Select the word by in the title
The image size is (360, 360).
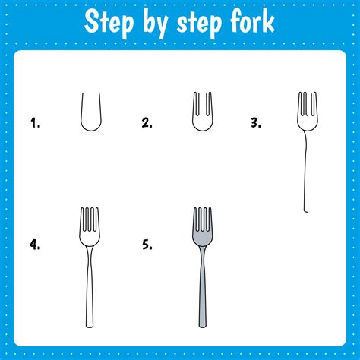pyautogui.click(x=156, y=22)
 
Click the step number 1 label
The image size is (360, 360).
pyautogui.click(x=34, y=122)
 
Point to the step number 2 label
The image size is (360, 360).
pyautogui.click(x=147, y=122)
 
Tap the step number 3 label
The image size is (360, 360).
pyautogui.click(x=256, y=122)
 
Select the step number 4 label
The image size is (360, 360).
pyautogui.click(x=34, y=245)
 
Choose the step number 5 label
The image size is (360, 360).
pyautogui.click(x=147, y=245)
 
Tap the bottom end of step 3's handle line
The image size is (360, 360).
pyautogui.click(x=306, y=211)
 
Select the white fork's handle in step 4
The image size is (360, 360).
pyautogui.click(x=90, y=296)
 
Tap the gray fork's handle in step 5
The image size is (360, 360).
pyautogui.click(x=202, y=296)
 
